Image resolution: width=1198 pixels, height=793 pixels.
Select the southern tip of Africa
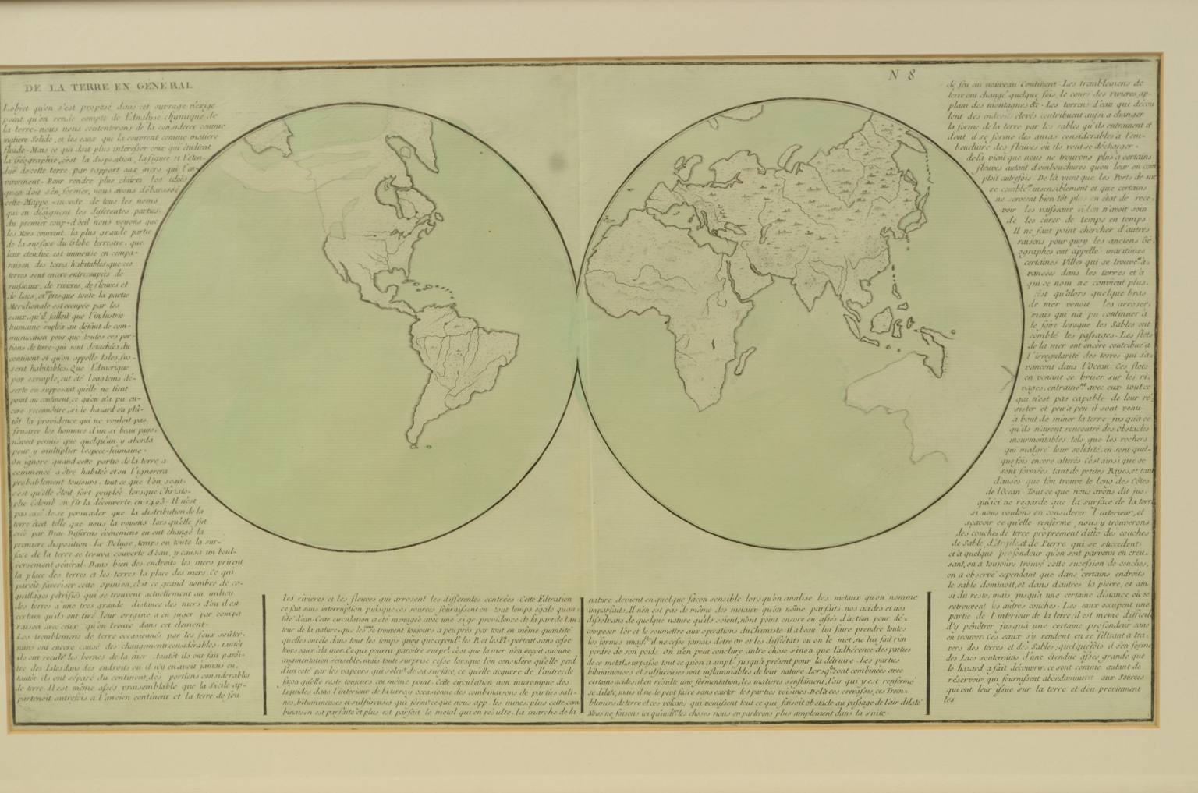click(693, 405)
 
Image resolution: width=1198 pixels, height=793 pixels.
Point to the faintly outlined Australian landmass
click(889, 390)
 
